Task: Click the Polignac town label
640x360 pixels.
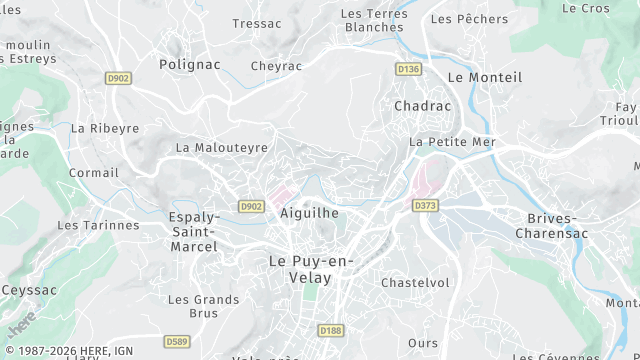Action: click(189, 63)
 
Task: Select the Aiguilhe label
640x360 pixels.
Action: click(310, 213)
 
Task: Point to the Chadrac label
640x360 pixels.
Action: click(423, 105)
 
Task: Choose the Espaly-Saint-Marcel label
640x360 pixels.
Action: click(194, 231)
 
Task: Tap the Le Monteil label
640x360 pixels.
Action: click(485, 77)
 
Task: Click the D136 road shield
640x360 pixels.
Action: click(407, 69)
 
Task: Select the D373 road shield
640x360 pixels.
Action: click(425, 205)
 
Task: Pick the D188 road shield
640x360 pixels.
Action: click(330, 330)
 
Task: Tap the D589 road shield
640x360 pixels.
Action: click(176, 342)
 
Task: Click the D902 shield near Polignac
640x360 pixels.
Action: click(118, 78)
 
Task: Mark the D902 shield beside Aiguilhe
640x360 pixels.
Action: click(251, 206)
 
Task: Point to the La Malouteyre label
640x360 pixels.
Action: click(222, 147)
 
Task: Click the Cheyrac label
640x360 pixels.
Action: click(276, 66)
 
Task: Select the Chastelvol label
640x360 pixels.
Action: click(415, 283)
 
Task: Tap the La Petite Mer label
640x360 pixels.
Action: click(452, 142)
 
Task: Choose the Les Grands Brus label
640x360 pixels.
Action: click(203, 305)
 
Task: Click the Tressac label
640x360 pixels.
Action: click(257, 23)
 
